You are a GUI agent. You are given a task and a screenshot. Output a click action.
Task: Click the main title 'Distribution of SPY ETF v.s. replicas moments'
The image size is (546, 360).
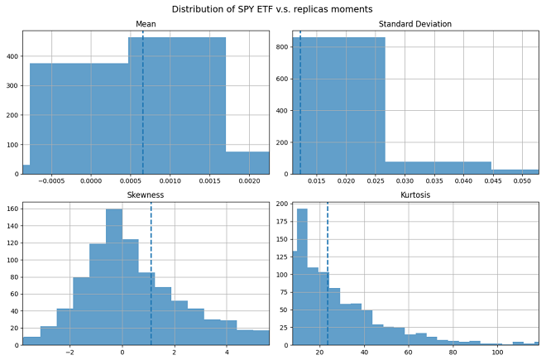coord(273,8)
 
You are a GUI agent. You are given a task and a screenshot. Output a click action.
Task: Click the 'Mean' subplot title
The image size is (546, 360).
coord(146,24)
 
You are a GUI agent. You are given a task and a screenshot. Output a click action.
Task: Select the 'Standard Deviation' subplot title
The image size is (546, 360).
coord(415,24)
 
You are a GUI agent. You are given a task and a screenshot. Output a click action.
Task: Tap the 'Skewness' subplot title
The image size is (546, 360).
coord(146,195)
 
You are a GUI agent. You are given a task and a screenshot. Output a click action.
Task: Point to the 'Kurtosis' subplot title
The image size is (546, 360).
coord(415,195)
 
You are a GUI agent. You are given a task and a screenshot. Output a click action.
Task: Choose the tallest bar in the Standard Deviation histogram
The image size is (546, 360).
coord(338,108)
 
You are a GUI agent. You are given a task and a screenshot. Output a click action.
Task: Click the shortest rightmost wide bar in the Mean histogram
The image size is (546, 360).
coord(247,163)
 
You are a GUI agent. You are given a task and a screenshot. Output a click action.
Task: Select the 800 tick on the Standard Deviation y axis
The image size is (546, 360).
coord(281,46)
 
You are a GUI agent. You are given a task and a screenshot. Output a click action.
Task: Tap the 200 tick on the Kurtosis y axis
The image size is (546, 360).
coord(281,204)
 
